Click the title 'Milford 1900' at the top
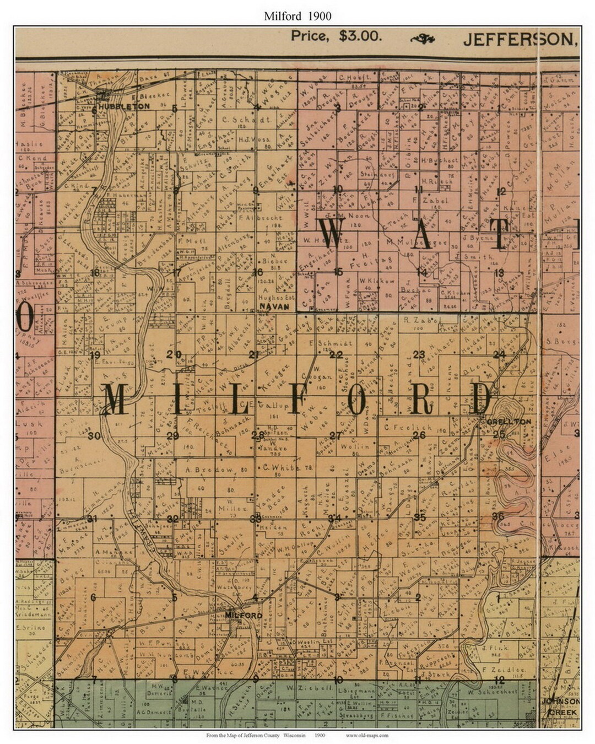pos(297,16)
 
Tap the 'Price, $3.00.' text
pos(336,36)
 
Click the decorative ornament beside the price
pos(423,38)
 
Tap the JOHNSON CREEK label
pos(560,707)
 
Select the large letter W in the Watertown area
pos(332,234)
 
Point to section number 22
pos(336,355)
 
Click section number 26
pos(419,435)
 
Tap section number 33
pos(255,519)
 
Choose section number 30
pos(94,436)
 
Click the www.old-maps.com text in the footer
pos(367,735)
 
